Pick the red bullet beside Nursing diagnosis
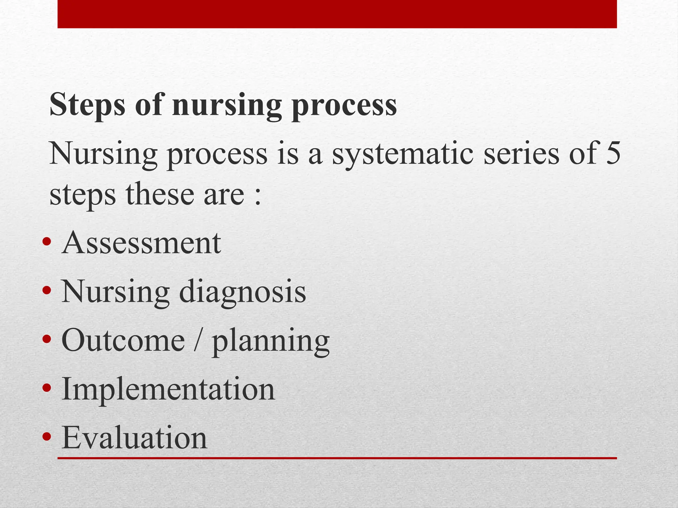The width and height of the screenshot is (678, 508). pyautogui.click(x=47, y=290)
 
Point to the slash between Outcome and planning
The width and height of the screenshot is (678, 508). pyautogui.click(x=198, y=341)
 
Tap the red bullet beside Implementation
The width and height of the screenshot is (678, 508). pyautogui.click(x=47, y=388)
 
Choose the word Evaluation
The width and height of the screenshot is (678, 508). pyautogui.click(x=134, y=437)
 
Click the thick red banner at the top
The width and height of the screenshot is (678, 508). pyautogui.click(x=337, y=14)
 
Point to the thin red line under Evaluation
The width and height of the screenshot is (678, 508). pyautogui.click(x=337, y=458)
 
